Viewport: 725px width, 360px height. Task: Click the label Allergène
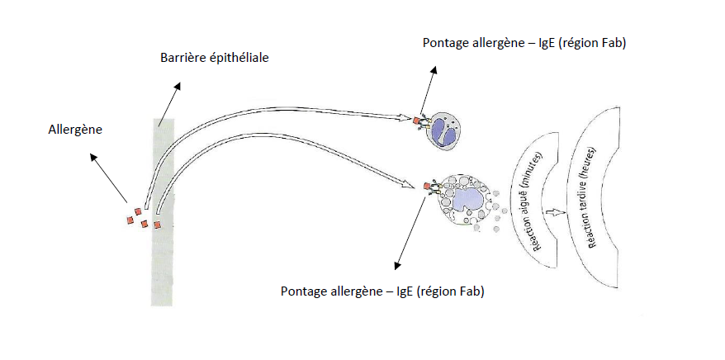75,129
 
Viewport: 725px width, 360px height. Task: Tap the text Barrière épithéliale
215,59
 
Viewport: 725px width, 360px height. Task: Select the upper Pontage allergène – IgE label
524,42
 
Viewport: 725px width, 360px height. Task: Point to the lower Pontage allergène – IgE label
382,291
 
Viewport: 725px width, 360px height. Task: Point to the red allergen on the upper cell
418,121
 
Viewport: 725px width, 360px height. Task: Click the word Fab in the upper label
609,42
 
